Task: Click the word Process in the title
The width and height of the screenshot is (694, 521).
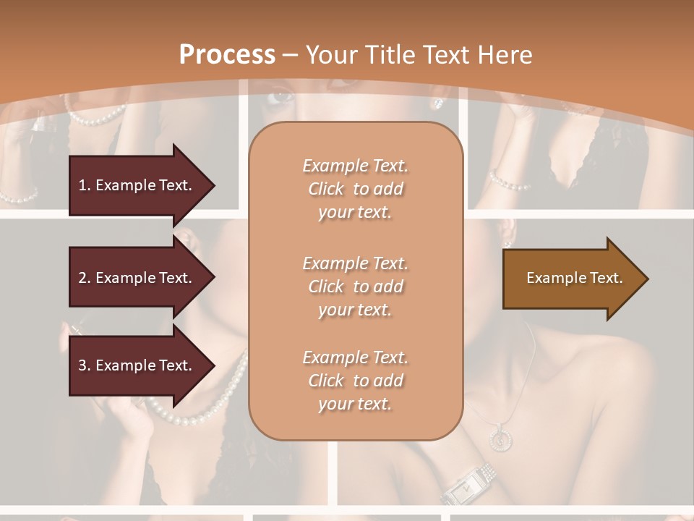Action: tap(227, 55)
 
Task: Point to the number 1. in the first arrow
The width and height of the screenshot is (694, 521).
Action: tap(84, 185)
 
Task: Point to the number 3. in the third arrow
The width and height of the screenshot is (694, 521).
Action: tap(84, 365)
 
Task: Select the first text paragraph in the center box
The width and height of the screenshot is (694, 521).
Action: tap(355, 189)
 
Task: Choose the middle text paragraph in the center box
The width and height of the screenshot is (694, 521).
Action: tap(355, 287)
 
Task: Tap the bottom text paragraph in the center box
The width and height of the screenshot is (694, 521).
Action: tap(355, 381)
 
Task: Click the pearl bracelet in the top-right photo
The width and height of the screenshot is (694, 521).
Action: tap(510, 180)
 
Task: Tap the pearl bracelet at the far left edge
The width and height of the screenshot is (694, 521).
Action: tap(18, 195)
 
